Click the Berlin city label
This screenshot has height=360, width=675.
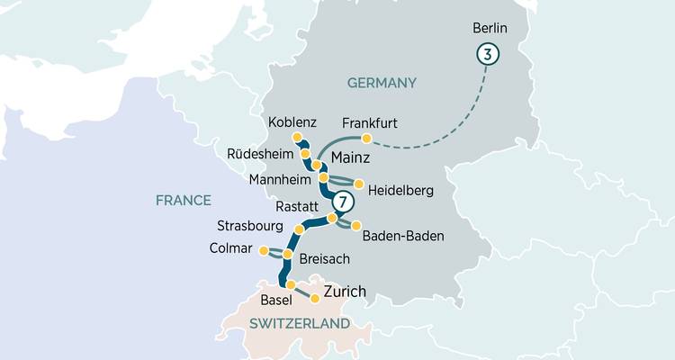[490, 28]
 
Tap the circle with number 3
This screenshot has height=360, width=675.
[487, 55]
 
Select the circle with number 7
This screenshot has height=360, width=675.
[341, 199]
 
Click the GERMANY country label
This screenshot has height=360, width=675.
[382, 83]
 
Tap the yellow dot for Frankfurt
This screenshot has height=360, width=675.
[366, 139]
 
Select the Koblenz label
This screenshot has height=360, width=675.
[292, 121]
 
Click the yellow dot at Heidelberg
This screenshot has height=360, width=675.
[359, 184]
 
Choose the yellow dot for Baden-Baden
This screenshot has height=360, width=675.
[355, 225]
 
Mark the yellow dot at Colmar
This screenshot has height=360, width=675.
[263, 250]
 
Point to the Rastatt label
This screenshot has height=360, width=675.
[298, 204]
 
